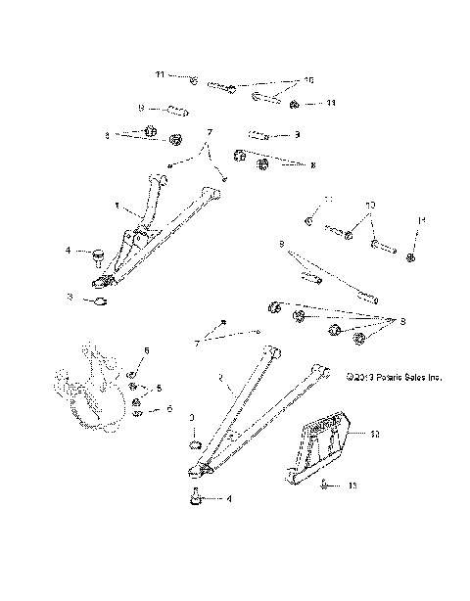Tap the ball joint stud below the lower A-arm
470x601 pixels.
tap(195, 498)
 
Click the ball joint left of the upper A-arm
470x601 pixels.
tap(99, 256)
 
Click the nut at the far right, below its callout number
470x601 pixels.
tap(411, 257)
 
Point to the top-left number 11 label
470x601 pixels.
tap(160, 75)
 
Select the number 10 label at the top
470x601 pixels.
tap(308, 80)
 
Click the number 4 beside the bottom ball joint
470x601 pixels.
tap(229, 499)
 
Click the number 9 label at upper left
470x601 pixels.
tap(141, 109)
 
